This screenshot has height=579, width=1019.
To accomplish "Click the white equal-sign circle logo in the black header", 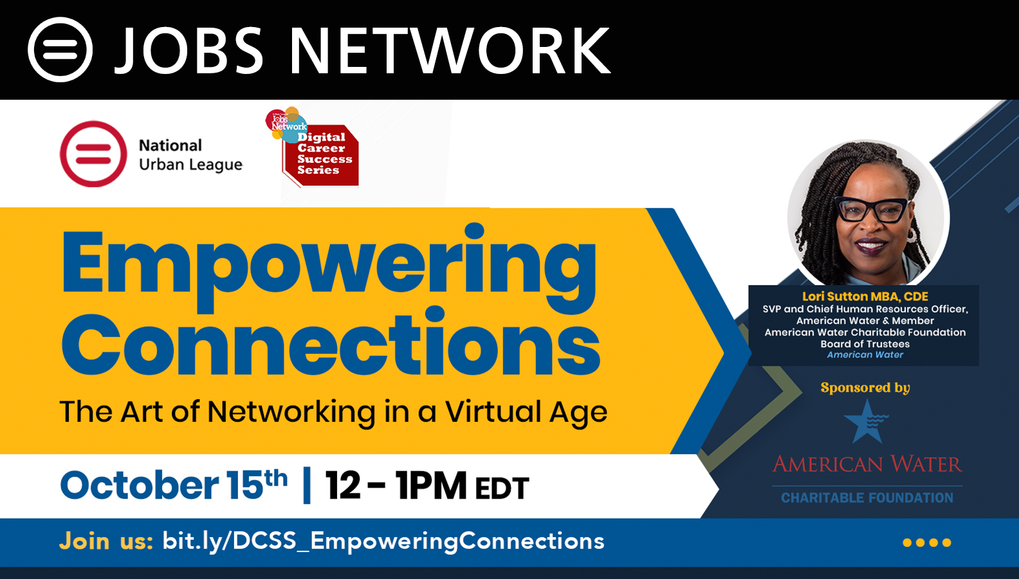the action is (x=60, y=50).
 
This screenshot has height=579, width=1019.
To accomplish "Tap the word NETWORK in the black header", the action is (x=450, y=50).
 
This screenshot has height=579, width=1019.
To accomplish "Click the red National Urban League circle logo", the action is (x=93, y=154).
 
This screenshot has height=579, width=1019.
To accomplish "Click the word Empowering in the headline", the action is (x=329, y=268).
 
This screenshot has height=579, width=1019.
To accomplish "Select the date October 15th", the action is (x=173, y=485).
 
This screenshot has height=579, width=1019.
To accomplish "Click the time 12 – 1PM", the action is (x=396, y=485).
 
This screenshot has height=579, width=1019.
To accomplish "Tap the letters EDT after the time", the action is (x=502, y=488).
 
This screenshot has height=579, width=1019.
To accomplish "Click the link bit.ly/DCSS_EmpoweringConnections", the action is (x=383, y=541).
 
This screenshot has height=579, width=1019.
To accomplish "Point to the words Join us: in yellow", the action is (x=106, y=541).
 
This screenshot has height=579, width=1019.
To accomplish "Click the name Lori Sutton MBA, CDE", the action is (x=865, y=297).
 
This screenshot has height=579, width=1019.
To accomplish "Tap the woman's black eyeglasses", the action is (x=872, y=209).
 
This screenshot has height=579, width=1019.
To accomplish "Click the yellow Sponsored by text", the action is (x=865, y=387).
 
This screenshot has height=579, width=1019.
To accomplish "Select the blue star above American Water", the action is (x=866, y=421).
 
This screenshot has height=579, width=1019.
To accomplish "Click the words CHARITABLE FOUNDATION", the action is (x=867, y=497).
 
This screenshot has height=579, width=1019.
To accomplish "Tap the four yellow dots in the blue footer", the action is (x=926, y=542).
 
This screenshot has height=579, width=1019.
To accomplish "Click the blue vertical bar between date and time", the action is (x=307, y=485).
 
